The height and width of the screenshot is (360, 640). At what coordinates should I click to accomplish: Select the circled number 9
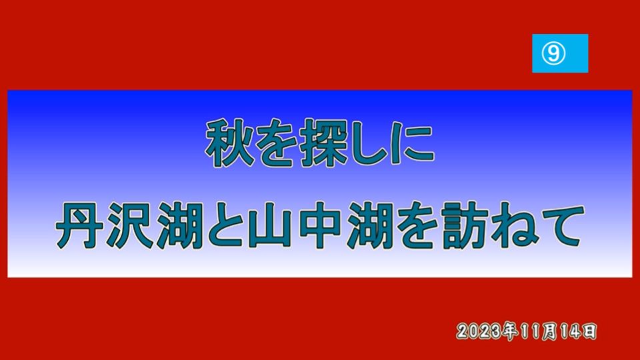(x=553, y=53)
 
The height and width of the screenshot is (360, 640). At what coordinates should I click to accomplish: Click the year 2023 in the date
(x=479, y=331)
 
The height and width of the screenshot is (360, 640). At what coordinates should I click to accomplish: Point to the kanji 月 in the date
(x=549, y=331)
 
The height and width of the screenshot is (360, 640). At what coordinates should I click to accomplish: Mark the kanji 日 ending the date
(x=589, y=331)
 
